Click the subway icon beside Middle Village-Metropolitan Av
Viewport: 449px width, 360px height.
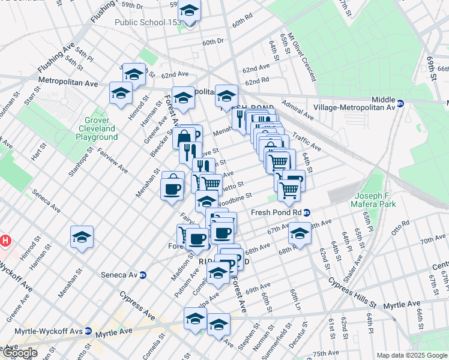coord(400,103)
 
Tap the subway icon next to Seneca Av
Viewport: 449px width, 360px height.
coord(143,275)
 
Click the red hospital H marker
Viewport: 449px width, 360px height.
coord(5,241)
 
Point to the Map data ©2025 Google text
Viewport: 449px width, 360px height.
coord(412,355)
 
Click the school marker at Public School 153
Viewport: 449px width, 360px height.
coord(190,13)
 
